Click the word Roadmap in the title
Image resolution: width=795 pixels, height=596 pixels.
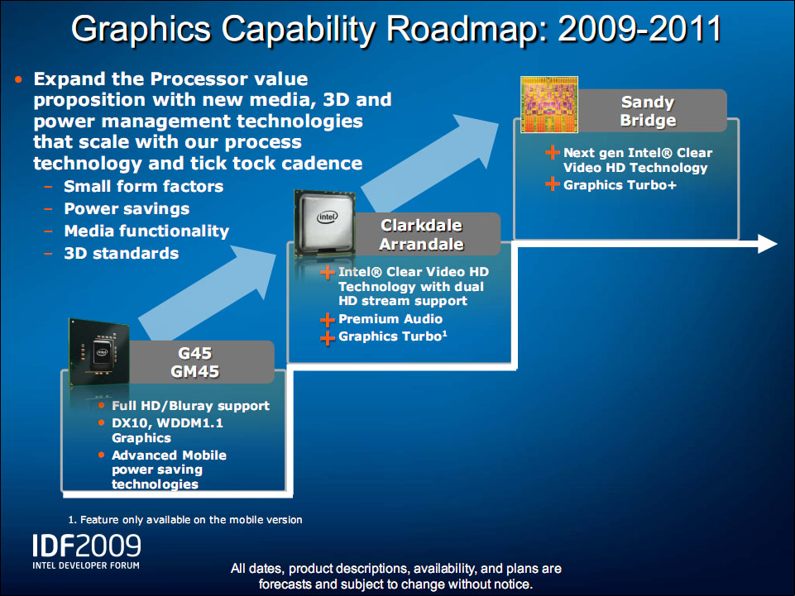pos(467,29)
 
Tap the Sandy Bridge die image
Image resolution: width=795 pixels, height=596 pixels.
pos(549,104)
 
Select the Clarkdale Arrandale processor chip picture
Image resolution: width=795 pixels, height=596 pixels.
pos(325,223)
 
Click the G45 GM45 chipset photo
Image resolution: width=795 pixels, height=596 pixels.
pos(99,351)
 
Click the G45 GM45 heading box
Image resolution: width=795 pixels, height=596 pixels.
pos(202,362)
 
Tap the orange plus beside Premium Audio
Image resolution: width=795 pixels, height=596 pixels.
pos(328,320)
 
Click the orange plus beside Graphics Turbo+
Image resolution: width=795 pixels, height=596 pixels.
pos(553,184)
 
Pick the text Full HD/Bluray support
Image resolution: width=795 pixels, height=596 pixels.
pos(190,406)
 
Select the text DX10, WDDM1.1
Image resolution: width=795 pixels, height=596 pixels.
pos(167,422)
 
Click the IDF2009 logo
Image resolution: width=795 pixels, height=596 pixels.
pos(87,551)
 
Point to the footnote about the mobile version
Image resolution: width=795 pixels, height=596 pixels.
pos(185,519)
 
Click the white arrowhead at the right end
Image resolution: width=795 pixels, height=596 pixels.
pos(767,243)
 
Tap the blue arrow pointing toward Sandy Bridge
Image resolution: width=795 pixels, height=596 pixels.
pos(430,161)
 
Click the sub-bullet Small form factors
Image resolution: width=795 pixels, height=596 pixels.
pos(143,187)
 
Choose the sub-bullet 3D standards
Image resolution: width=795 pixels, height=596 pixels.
pos(121,254)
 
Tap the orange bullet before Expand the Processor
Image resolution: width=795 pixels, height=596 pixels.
pos(19,79)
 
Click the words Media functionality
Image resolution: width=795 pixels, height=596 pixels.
pos(146,231)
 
